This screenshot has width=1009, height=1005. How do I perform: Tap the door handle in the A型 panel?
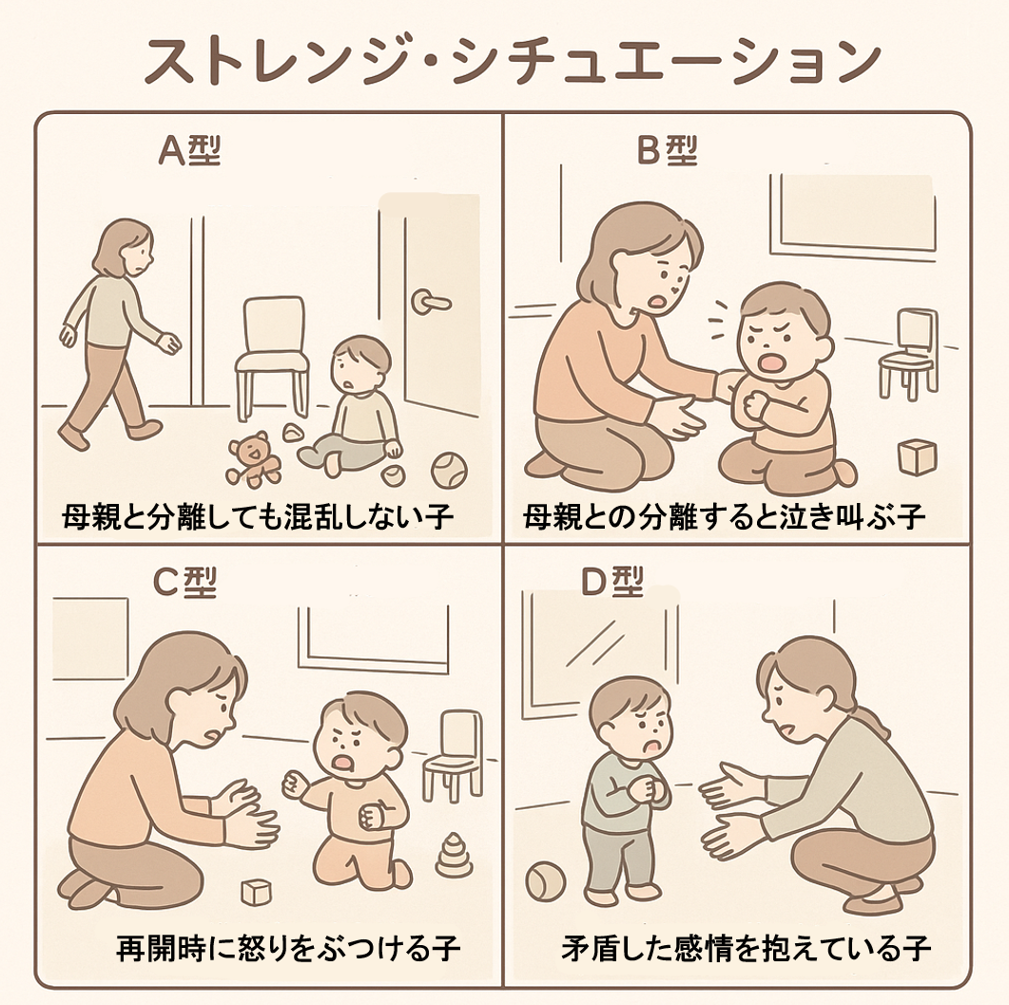pos(430,301)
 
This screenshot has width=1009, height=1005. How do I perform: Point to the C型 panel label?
pos(185,582)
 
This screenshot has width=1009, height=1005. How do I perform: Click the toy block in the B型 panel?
pos(917,456)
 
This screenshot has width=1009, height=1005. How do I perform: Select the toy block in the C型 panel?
pos(256,893)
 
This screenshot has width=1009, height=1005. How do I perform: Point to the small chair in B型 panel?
pos(908,353)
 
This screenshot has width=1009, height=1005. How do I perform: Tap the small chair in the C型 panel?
pos(453,753)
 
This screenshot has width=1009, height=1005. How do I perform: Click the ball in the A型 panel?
pos(449,471)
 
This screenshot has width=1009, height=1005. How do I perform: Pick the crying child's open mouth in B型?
pos(770,363)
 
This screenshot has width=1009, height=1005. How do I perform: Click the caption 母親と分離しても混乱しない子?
pos(259,516)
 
